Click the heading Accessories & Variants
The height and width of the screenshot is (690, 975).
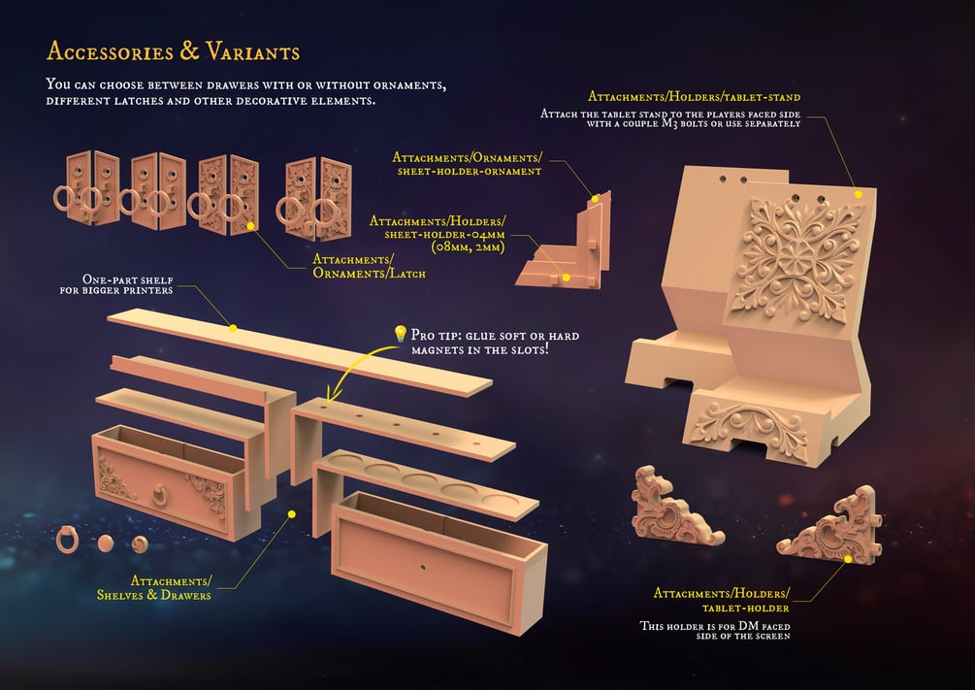(x=173, y=51)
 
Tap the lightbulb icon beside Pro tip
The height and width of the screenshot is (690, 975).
(x=400, y=335)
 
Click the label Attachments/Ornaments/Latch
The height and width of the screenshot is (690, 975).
(x=370, y=266)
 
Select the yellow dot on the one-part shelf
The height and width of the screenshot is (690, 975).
(x=233, y=328)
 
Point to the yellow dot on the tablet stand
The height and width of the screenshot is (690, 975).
(x=859, y=194)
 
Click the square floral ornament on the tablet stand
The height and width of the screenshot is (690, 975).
(x=796, y=261)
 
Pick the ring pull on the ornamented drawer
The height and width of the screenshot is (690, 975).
(x=160, y=495)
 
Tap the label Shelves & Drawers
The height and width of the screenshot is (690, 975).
(x=153, y=595)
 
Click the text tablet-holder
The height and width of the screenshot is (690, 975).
(x=745, y=608)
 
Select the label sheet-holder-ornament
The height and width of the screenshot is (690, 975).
(x=469, y=171)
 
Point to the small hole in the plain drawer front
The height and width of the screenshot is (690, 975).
(x=423, y=568)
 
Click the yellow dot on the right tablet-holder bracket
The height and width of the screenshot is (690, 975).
(x=848, y=559)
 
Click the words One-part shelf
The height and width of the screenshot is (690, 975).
(x=127, y=279)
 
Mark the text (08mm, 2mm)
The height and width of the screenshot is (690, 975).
(x=469, y=247)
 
